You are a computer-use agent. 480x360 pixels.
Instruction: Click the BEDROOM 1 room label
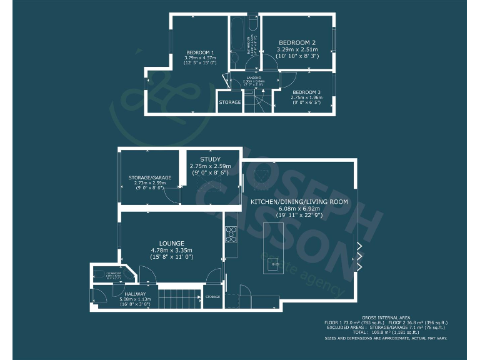point(200,52)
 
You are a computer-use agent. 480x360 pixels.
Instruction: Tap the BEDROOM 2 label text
point(297,42)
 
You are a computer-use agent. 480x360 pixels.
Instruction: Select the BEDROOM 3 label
point(306,92)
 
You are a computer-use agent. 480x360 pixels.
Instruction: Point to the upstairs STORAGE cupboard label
point(229,102)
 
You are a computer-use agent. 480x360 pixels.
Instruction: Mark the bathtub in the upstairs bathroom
point(238,44)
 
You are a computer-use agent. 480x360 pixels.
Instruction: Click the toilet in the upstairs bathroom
point(252,24)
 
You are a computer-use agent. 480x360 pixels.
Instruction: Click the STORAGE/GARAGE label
point(149,177)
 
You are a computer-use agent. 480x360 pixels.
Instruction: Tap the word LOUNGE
point(171,242)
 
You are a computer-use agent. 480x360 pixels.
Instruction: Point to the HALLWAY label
point(135,294)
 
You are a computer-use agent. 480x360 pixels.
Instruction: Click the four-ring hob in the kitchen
point(231,234)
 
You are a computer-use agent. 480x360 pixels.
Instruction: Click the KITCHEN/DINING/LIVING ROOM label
point(299,202)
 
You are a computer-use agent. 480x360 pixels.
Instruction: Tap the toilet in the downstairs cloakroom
point(101,273)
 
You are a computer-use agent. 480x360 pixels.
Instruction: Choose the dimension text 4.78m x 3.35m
point(171,250)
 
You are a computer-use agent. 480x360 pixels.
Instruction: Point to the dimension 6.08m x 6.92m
point(299,209)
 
